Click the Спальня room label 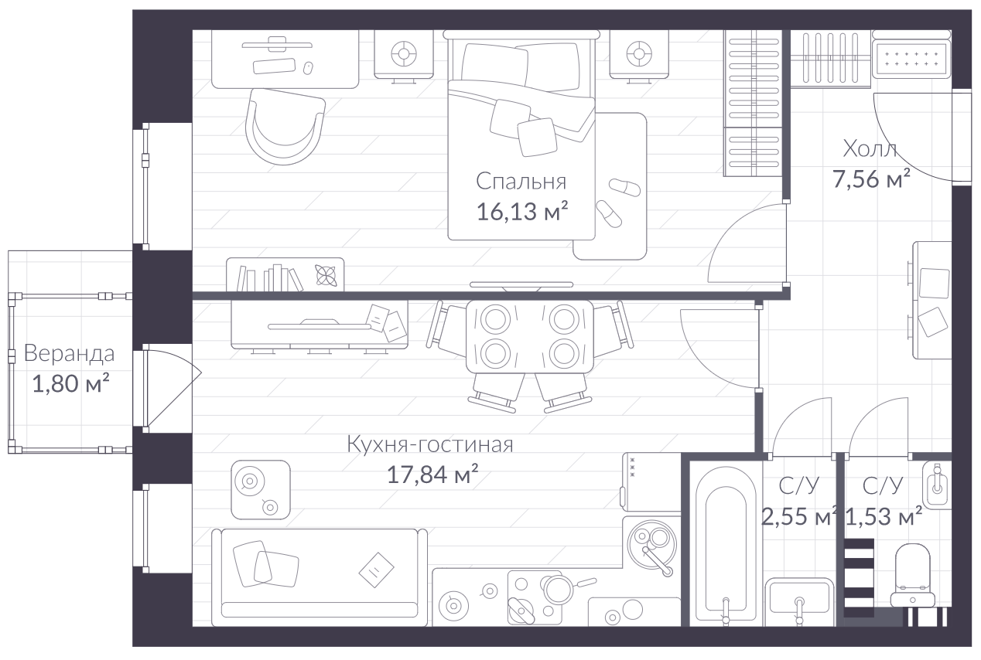(x=521, y=182)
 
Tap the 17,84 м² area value (x=432, y=475)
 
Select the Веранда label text (x=69, y=353)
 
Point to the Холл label (x=870, y=149)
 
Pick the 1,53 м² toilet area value (x=884, y=516)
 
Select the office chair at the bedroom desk (x=285, y=127)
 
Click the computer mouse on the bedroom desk (x=308, y=68)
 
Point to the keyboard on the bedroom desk (x=274, y=66)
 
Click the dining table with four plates (x=530, y=336)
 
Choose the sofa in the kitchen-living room (x=320, y=577)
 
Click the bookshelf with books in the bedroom (x=285, y=274)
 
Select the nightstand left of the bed (x=404, y=55)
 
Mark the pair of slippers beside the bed (x=617, y=203)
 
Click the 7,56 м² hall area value (x=871, y=179)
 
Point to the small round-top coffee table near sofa (x=261, y=489)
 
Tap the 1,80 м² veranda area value (x=70, y=383)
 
